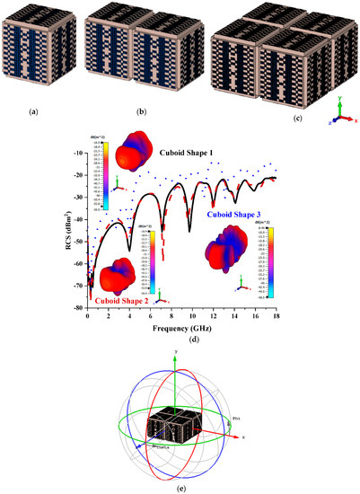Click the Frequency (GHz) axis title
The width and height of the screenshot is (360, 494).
click(180, 331)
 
